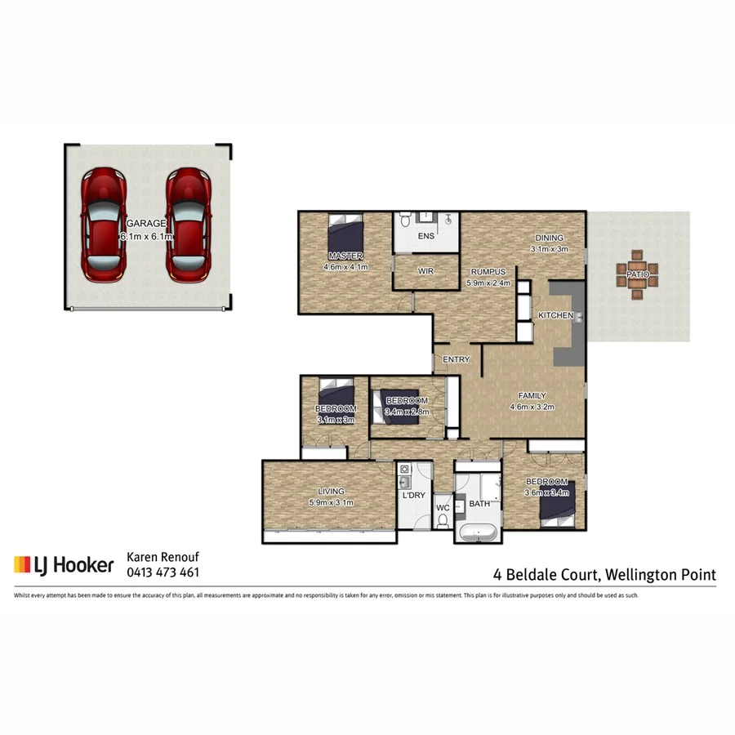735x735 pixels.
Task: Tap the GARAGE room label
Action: point(145,223)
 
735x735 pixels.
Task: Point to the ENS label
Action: point(425,237)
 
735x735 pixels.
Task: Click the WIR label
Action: point(425,270)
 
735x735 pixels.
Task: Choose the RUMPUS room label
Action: point(488,272)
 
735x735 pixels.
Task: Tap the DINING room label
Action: point(548,238)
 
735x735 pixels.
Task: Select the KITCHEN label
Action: point(555,315)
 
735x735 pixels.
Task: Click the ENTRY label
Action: point(456,360)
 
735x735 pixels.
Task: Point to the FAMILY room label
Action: point(532,396)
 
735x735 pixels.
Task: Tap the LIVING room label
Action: point(331,492)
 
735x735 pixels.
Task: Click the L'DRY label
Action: point(413,496)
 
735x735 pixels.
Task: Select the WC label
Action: point(443,508)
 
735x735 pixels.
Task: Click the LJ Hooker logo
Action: point(63,564)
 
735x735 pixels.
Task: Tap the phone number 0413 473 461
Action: point(163,572)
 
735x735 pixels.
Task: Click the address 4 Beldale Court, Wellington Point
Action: point(604,574)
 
